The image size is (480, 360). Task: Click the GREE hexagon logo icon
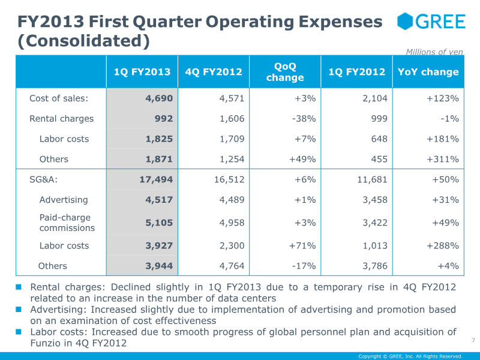point(404,21)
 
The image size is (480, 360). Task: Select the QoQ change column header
point(285,72)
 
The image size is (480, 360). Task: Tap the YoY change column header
point(428,72)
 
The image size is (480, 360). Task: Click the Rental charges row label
point(62,119)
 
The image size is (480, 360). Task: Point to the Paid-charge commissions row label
point(67,223)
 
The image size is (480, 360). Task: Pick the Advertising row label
point(64,200)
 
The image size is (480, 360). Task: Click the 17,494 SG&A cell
point(156,179)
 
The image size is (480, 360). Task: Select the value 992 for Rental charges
point(163,119)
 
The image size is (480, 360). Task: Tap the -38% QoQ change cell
point(304,119)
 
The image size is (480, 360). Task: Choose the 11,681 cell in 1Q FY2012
point(372,179)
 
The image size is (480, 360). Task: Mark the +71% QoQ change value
point(302,245)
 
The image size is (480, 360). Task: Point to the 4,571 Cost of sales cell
point(232,98)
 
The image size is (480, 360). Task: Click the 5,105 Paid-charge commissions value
point(159,223)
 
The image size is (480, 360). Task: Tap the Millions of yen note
point(434,52)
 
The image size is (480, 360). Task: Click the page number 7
point(473,340)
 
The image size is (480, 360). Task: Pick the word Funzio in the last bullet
point(46,343)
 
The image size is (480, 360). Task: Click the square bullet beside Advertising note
point(19,310)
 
